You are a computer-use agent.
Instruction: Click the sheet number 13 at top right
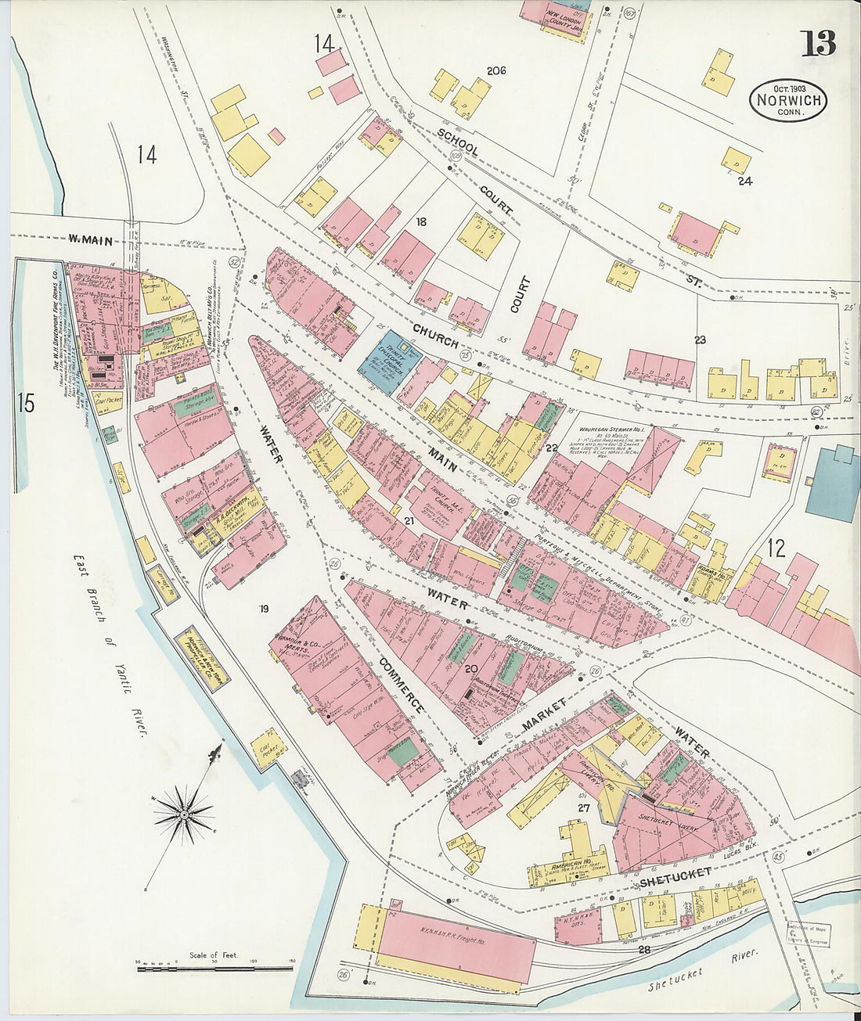tap(818, 43)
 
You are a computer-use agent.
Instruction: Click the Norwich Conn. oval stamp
tap(789, 100)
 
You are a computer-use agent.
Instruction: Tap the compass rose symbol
tap(184, 814)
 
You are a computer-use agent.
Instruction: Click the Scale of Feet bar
tap(215, 969)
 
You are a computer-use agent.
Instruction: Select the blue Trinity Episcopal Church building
tap(390, 361)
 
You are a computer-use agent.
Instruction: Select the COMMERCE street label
tap(401, 685)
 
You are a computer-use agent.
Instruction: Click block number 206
tap(496, 70)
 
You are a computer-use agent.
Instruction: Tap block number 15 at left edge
tap(26, 404)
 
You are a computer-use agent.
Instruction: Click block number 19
tap(264, 608)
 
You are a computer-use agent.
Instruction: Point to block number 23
tap(699, 340)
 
